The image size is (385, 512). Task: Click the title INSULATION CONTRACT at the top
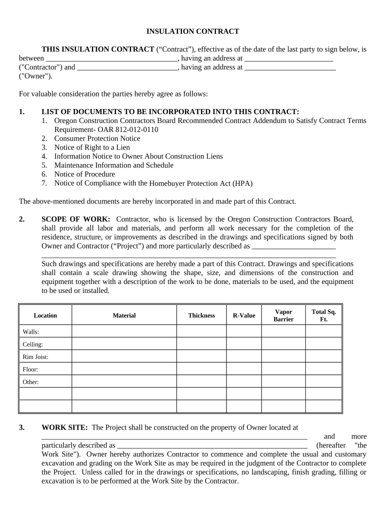(x=192, y=31)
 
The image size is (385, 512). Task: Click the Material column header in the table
(x=124, y=315)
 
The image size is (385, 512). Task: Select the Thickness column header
(x=201, y=315)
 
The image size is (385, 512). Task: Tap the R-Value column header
(x=244, y=315)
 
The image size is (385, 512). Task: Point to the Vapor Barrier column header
(x=283, y=315)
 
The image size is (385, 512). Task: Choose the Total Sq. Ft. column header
(x=323, y=315)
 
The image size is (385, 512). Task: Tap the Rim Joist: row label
(x=35, y=357)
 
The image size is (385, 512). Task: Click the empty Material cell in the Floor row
(x=124, y=369)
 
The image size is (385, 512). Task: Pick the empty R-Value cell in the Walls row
(x=244, y=331)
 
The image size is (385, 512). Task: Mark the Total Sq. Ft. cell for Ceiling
(x=323, y=344)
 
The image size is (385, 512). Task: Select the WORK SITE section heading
(x=64, y=427)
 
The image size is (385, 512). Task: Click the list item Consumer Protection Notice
(x=97, y=138)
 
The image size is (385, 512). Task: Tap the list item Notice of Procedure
(x=84, y=174)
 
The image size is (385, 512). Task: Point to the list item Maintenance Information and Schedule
(x=113, y=165)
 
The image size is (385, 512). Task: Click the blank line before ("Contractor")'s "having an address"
(x=107, y=57)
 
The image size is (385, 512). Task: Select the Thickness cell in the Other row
(x=201, y=382)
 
